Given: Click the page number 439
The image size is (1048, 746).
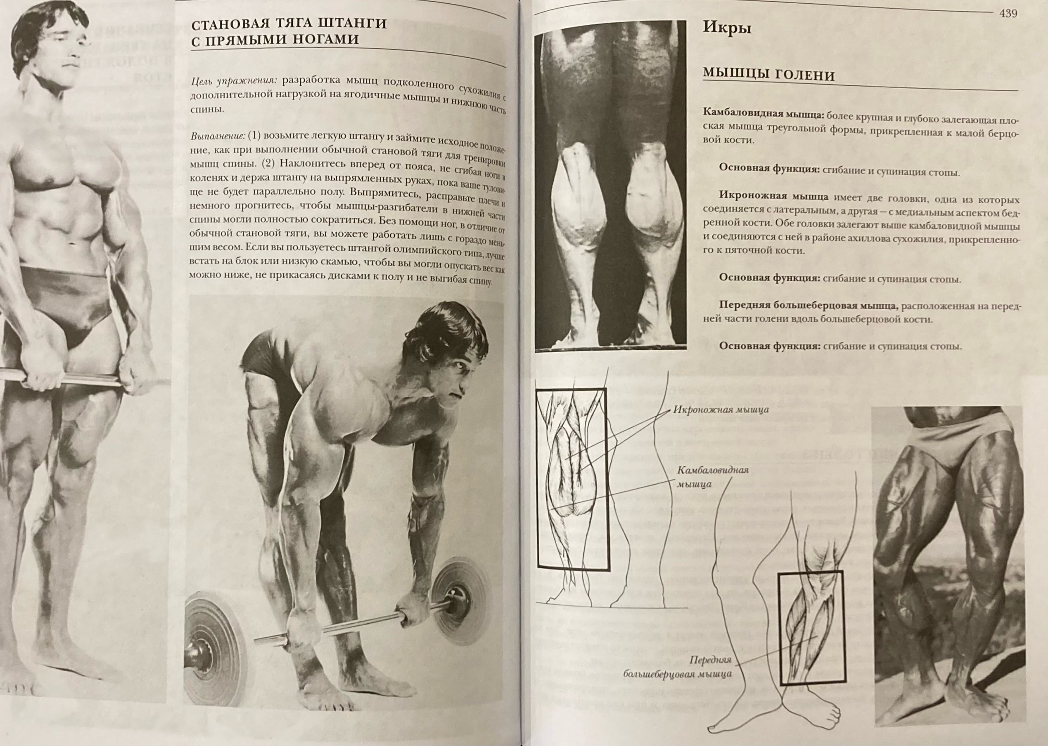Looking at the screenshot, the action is click(1008, 13).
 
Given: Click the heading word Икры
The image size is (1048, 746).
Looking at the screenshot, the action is click(727, 28).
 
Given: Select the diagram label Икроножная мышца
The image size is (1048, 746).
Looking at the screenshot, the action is click(721, 409).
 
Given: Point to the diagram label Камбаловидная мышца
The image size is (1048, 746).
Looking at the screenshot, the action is click(713, 476).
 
